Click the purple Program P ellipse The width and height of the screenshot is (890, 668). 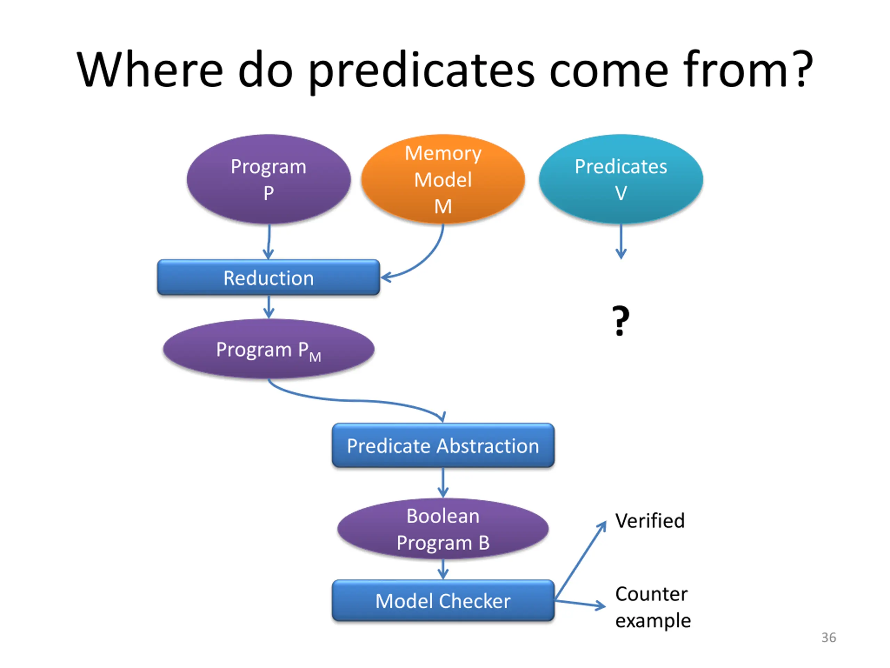click(x=268, y=179)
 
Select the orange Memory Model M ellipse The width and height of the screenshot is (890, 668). click(x=443, y=179)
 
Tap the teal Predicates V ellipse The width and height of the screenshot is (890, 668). click(x=621, y=179)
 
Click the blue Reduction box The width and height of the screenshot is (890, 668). click(x=268, y=278)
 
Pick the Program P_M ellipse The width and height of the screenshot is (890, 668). click(x=268, y=349)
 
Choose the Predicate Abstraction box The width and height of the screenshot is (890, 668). click(x=443, y=445)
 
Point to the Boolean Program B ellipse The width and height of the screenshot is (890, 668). click(x=443, y=529)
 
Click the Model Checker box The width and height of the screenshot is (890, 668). click(x=443, y=601)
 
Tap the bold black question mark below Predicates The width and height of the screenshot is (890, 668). click(x=621, y=320)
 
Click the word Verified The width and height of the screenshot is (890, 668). click(x=649, y=520)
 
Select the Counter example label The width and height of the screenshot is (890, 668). click(x=653, y=607)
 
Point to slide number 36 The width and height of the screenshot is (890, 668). click(x=828, y=637)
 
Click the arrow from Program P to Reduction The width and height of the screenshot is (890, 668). click(x=269, y=241)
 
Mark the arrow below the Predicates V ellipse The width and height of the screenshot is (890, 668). click(x=621, y=241)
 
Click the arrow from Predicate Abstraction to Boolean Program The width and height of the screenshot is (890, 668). click(x=443, y=482)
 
